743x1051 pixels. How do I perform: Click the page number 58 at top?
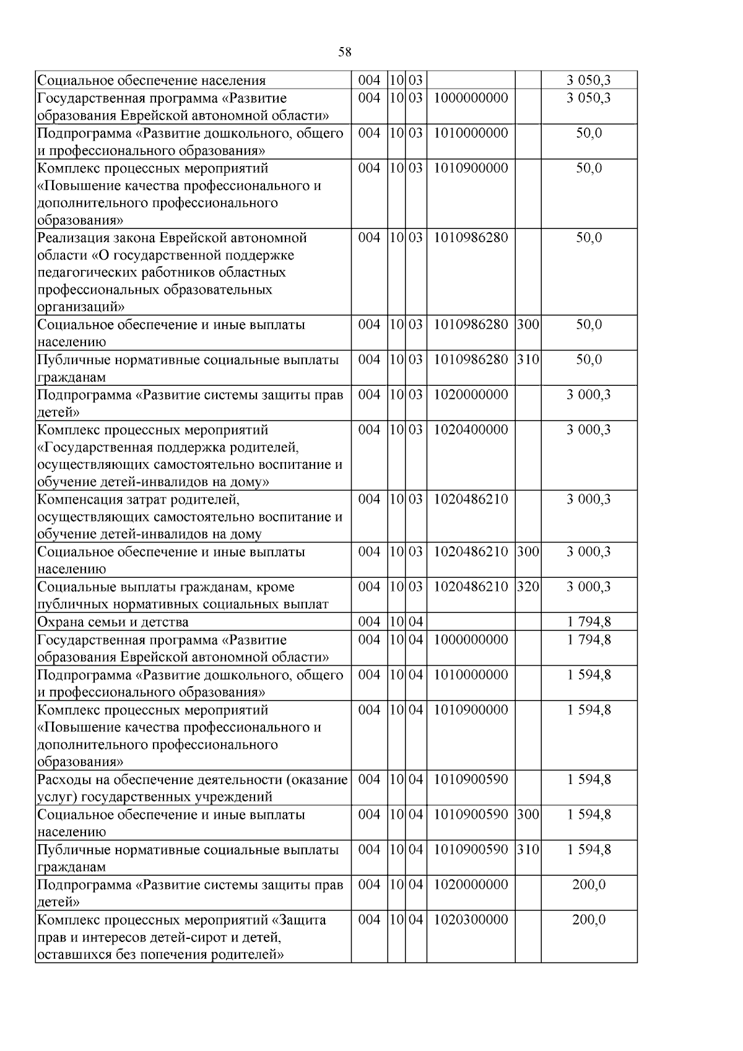tap(345, 52)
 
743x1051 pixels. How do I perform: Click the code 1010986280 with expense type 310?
tap(471, 360)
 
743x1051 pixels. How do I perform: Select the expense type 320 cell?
tap(528, 587)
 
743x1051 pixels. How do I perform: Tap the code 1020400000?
tap(471, 429)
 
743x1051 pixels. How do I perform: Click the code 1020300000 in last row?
tap(471, 920)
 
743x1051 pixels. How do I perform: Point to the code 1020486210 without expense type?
tap(471, 499)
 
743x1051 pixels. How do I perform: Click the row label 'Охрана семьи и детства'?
tap(113, 622)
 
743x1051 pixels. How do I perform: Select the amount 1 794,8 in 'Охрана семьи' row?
tap(588, 622)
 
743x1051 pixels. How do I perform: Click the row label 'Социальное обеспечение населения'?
tap(151, 81)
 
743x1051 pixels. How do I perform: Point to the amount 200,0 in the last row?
tap(588, 920)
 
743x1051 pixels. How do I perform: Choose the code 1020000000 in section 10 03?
tap(471, 395)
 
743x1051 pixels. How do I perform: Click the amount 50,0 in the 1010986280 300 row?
tap(588, 325)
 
